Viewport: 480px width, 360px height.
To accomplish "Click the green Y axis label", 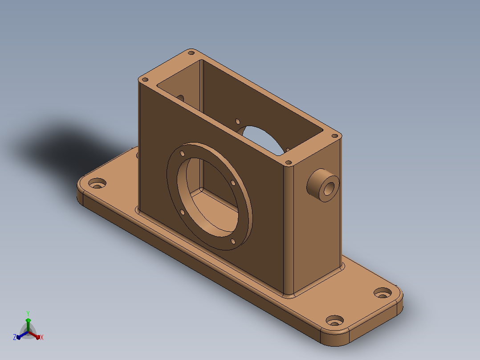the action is [x=28, y=313].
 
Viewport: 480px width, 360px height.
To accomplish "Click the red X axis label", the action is [x=42, y=337].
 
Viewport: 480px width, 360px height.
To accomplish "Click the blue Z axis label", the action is [x=14, y=337].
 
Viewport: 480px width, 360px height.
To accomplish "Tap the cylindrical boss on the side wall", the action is [x=323, y=185].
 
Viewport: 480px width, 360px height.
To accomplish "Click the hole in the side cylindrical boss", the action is [x=329, y=189].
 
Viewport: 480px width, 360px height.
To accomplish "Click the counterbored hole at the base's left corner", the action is [x=98, y=184].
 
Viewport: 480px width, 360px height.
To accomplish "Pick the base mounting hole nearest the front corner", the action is [x=334, y=321].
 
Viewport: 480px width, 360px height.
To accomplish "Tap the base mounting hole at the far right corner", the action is [x=382, y=293].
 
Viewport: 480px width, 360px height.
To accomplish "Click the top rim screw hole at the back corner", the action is [x=191, y=53].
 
